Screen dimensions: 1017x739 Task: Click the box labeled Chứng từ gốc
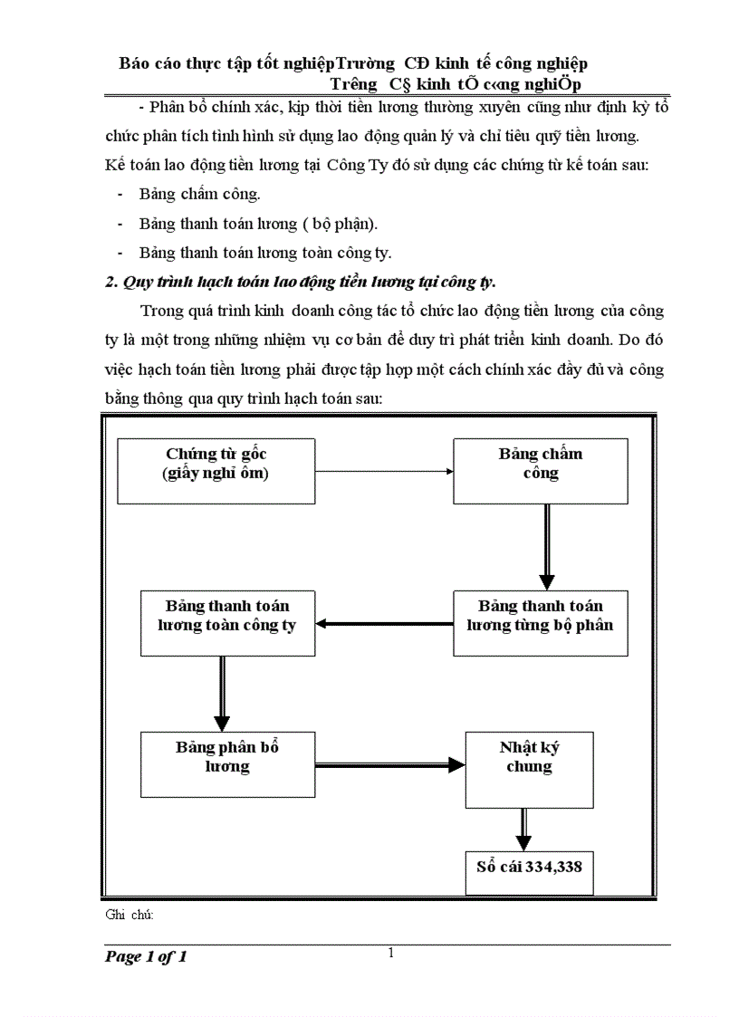[x=216, y=471]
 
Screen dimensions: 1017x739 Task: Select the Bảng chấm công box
[x=540, y=471]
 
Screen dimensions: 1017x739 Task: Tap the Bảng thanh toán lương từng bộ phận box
[x=540, y=623]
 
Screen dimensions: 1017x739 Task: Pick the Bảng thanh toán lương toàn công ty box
[x=226, y=623]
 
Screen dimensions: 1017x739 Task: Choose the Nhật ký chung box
[x=529, y=770]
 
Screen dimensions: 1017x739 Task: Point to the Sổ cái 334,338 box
[x=529, y=872]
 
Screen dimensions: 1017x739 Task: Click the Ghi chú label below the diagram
[x=130, y=915]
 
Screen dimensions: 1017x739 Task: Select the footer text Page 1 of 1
[x=146, y=957]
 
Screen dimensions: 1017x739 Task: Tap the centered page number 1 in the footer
[x=390, y=952]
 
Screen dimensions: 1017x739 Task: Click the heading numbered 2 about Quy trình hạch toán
[x=301, y=282]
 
